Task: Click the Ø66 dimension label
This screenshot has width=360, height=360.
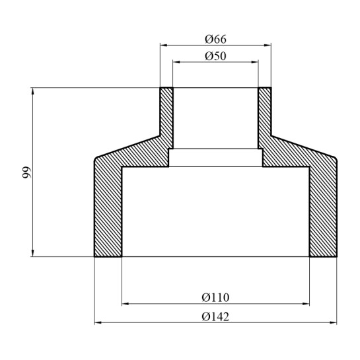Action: coord(215,38)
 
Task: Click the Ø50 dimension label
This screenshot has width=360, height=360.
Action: coord(215,55)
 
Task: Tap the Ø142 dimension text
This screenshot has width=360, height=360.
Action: coord(215,315)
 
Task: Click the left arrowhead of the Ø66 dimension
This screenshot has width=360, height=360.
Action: coord(164,46)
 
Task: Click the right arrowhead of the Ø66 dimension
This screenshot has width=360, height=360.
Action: coord(268,46)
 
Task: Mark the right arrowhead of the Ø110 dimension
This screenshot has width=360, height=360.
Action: coord(305,305)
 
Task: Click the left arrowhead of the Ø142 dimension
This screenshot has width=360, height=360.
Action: coord(98,323)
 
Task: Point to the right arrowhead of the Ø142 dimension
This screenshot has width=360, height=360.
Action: coord(334,323)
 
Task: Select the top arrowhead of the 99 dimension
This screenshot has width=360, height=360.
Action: coord(32,91)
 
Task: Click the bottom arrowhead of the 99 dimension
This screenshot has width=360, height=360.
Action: coord(32,253)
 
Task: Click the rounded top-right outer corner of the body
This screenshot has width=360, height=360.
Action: coord(335,159)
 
